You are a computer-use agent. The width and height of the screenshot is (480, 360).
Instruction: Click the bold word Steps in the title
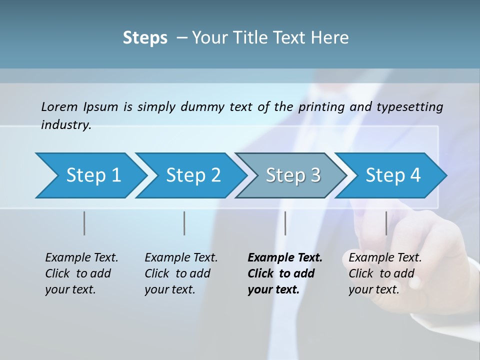coord(145,38)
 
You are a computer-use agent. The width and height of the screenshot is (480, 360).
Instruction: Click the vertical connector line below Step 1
coord(84,223)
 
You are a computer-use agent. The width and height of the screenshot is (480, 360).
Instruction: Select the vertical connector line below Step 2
coord(184,223)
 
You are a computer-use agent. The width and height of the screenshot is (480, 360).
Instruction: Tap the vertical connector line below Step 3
coord(285,223)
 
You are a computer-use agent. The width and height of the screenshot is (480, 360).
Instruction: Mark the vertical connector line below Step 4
coord(386,223)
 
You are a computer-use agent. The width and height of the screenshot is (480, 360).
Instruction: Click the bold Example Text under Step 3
coord(284,273)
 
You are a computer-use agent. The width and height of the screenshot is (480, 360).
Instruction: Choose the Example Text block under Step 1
coord(81,273)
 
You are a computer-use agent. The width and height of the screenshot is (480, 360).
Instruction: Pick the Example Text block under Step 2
coord(181,273)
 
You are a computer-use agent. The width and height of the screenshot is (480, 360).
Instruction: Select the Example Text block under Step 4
coord(385,273)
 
